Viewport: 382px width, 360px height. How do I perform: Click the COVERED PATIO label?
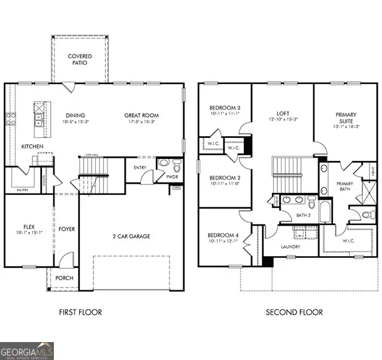point(79,59)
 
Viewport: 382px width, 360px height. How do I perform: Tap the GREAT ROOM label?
point(141,116)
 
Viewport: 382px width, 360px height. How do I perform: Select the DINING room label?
point(75,116)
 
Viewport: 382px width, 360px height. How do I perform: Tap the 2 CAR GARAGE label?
point(132,236)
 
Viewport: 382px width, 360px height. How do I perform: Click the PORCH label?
point(64,278)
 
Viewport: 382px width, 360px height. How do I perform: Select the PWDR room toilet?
point(176,166)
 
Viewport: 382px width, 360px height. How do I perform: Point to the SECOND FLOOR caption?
point(294,312)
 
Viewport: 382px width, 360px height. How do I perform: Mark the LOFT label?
point(282,114)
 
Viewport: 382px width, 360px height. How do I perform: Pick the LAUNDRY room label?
point(290,247)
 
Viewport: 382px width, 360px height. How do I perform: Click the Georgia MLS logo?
point(27,350)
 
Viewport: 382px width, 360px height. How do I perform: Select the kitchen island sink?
point(38,118)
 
